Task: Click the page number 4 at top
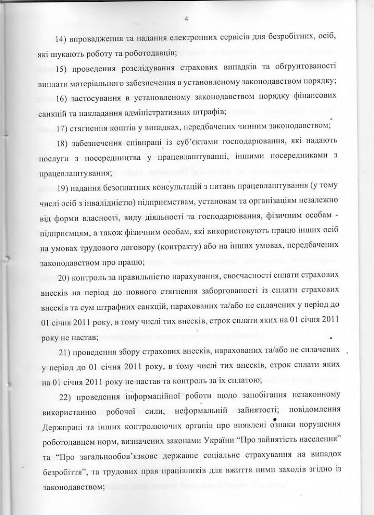click(186, 18)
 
